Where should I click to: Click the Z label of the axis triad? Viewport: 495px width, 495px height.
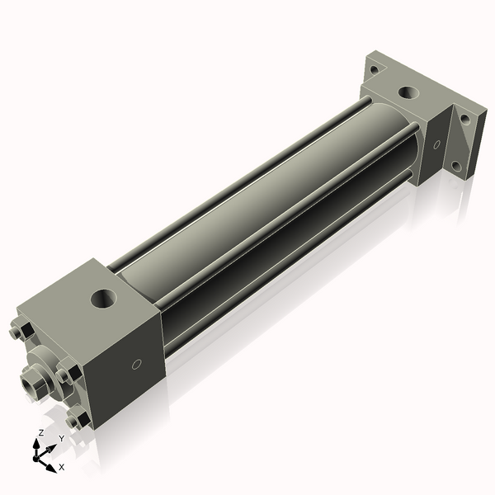point(40,432)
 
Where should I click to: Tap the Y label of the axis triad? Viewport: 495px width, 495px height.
point(61,439)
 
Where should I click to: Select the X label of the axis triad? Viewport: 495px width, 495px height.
point(61,467)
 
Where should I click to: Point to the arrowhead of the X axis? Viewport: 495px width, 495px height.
point(52,462)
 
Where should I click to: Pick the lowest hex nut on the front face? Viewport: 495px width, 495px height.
point(78,420)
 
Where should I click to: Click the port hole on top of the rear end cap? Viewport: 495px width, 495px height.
point(408,92)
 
